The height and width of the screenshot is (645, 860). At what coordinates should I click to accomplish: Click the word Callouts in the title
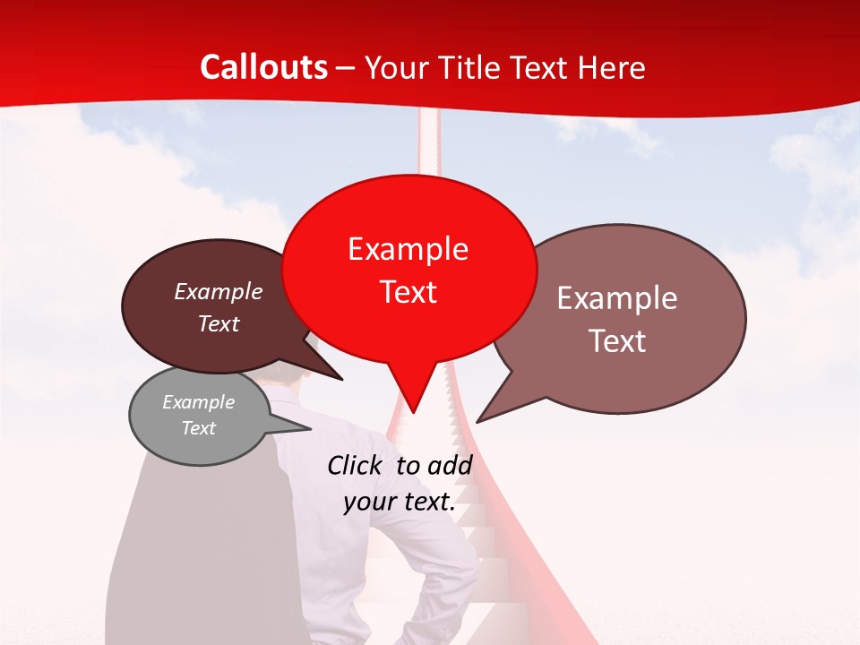click(x=263, y=67)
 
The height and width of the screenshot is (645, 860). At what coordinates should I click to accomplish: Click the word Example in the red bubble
click(x=408, y=249)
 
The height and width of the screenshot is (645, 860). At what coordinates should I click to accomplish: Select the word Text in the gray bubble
click(x=199, y=428)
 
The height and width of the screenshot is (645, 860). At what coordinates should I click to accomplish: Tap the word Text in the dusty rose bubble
click(x=617, y=341)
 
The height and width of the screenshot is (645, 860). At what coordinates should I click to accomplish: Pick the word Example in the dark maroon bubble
click(x=219, y=291)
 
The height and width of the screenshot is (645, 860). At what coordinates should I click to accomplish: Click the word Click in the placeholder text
click(x=357, y=465)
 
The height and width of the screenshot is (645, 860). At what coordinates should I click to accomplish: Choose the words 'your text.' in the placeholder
click(x=400, y=502)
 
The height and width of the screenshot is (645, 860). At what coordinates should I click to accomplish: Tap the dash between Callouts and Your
click(x=347, y=68)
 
